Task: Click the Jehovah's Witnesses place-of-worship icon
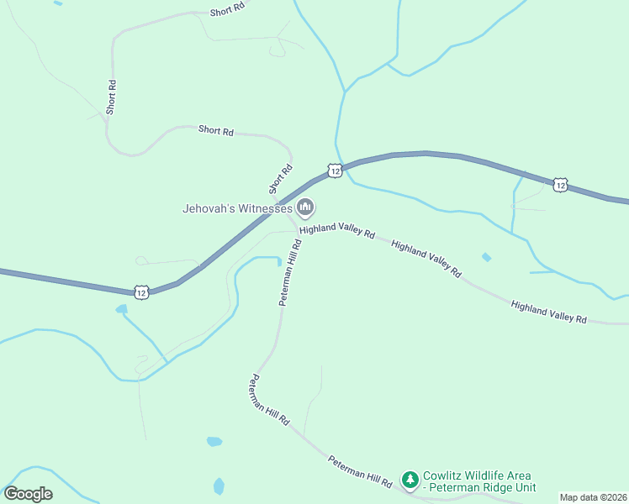(x=305, y=207)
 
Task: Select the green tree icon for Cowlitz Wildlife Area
(x=410, y=480)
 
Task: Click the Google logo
(x=28, y=494)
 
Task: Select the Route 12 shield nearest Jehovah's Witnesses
(x=335, y=171)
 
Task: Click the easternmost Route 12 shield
(x=561, y=184)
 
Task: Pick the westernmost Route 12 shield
(x=141, y=291)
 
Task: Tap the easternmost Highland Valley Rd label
(x=548, y=311)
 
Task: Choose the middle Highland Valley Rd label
(x=426, y=259)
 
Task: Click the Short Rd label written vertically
(x=111, y=97)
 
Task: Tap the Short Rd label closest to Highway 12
(x=281, y=178)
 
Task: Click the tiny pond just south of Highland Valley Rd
(x=486, y=257)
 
